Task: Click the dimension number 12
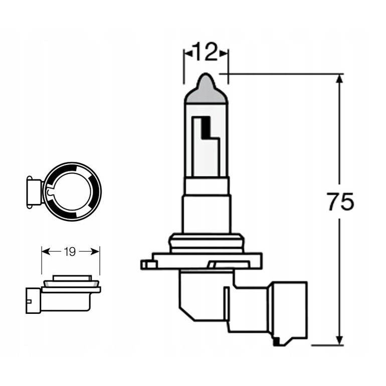tap(206, 52)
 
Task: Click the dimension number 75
tap(340, 202)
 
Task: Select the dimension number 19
tap(70, 252)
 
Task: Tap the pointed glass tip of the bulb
tap(206, 78)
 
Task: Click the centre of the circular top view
tap(73, 191)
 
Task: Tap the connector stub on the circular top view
tap(34, 191)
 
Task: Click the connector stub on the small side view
tap(32, 301)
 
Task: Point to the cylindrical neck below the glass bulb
tap(206, 213)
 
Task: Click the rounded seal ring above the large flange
tap(206, 243)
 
